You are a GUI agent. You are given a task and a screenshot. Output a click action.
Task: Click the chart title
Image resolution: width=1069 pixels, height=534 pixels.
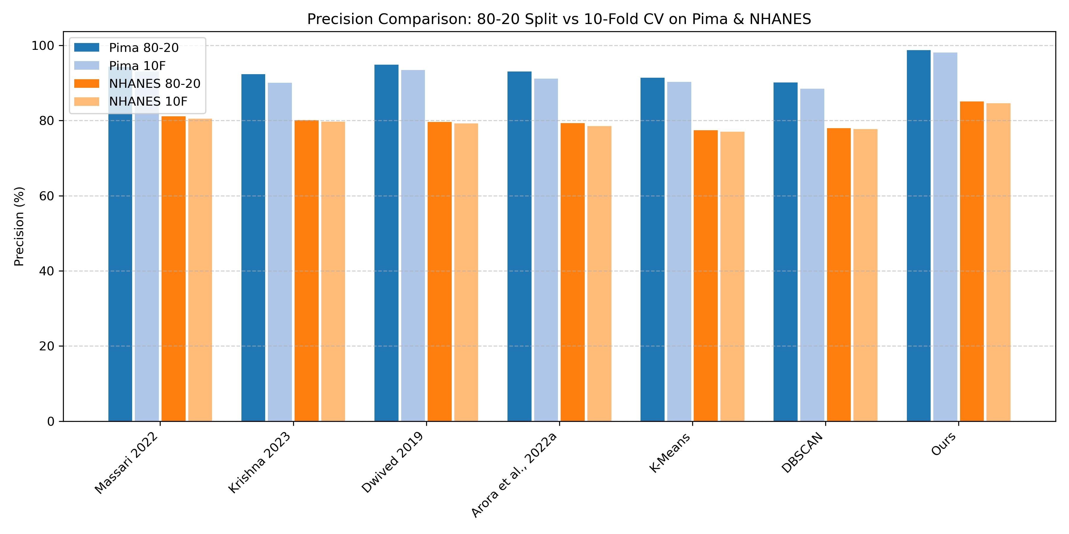(x=559, y=19)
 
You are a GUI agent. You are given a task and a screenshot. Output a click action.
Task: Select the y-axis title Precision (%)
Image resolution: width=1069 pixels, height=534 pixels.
(x=19, y=226)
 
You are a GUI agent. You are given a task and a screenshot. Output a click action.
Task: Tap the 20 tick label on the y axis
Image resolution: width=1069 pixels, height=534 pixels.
(x=47, y=346)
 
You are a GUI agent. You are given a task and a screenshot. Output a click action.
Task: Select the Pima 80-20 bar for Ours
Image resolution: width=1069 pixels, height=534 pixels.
(x=918, y=236)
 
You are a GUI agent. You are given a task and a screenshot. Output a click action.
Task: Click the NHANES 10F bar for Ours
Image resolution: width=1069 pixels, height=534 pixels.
(x=998, y=262)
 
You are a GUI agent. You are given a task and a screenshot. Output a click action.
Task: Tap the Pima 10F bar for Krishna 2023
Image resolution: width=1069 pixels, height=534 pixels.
(x=280, y=252)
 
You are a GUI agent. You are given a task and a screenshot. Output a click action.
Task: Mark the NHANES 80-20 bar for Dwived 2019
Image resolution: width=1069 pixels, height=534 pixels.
(x=439, y=271)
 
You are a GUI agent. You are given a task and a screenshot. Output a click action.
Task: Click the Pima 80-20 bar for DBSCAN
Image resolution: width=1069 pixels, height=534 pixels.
(x=785, y=252)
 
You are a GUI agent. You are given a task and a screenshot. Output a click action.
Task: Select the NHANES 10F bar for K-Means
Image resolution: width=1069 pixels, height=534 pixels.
(x=733, y=276)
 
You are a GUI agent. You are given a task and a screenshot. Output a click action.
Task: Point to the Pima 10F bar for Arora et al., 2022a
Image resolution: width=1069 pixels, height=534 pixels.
(x=546, y=250)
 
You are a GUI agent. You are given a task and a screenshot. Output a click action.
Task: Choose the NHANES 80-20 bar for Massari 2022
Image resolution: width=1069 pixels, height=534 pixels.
(x=173, y=269)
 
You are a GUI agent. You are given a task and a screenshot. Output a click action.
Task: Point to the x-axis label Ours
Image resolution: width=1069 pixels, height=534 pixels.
(x=944, y=444)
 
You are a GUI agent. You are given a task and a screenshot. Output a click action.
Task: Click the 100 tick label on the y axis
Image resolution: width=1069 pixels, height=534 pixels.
(x=43, y=46)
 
